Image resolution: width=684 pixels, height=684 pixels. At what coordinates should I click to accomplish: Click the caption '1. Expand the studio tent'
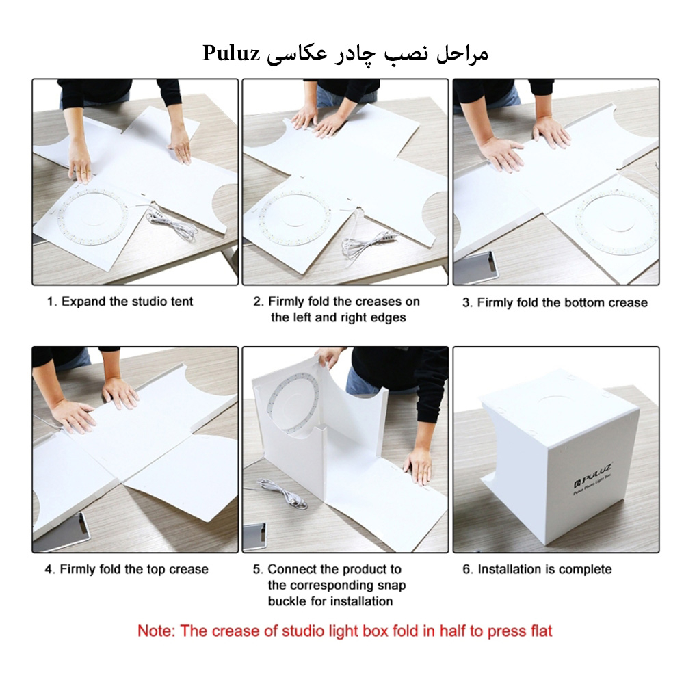(120, 302)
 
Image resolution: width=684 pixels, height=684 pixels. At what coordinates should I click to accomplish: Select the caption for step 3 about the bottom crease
(555, 302)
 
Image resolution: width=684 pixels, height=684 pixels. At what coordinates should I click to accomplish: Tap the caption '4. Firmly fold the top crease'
(127, 569)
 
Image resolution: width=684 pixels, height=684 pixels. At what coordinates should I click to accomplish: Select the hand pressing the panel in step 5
(418, 465)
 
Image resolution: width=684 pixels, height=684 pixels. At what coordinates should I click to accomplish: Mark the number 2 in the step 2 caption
(257, 302)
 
